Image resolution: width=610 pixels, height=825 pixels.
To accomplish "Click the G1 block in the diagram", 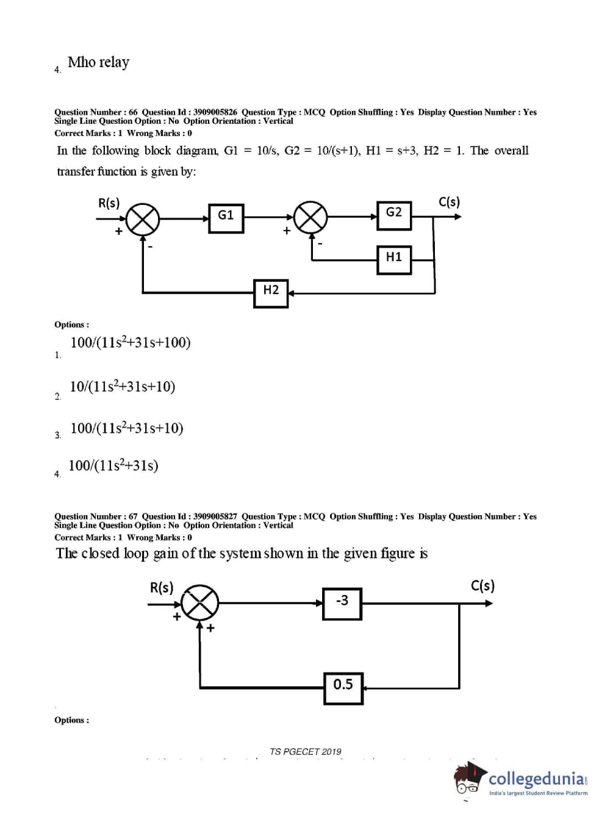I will (226, 218).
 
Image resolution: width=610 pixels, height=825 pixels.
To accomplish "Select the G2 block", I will (393, 215).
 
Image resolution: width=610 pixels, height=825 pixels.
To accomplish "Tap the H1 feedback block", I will (393, 259).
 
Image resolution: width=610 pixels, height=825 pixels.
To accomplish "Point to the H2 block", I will (271, 293).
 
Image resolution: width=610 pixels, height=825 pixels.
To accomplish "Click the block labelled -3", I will (342, 603).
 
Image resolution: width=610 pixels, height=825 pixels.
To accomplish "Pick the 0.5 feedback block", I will (343, 687).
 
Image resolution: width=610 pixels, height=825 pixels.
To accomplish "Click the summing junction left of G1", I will (143, 218).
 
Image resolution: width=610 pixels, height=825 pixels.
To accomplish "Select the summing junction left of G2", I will (310, 216).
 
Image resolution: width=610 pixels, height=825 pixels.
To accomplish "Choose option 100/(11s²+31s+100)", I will (131, 343).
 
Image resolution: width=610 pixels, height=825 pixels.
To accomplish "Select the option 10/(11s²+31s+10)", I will (123, 387).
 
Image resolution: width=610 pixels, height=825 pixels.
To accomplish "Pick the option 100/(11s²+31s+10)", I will (127, 428).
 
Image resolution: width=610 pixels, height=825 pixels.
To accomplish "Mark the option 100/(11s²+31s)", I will (113, 466).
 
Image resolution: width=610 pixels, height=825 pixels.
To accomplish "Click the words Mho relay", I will (98, 62).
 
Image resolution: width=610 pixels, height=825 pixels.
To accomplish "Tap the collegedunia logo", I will (522, 779).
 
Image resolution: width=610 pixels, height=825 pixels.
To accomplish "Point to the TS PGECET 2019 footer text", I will (305, 751).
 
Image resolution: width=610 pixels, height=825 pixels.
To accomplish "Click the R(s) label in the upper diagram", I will (109, 203).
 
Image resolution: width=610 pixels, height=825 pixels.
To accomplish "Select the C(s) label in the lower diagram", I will (483, 586).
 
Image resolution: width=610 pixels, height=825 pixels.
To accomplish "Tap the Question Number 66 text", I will (96, 112).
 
